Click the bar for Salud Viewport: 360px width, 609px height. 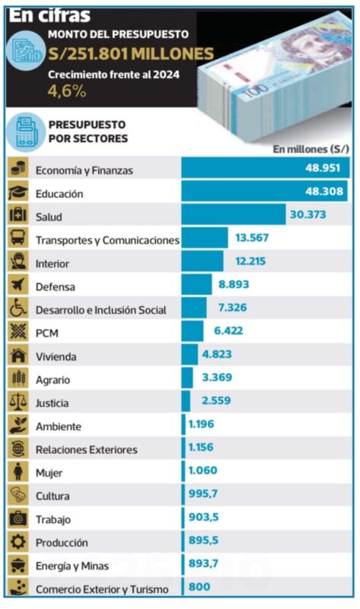(x=234, y=215)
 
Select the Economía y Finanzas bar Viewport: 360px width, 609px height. (x=266, y=167)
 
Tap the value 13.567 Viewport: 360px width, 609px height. (x=252, y=238)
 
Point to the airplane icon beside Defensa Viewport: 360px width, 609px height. (x=18, y=285)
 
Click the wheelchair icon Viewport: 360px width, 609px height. (x=18, y=308)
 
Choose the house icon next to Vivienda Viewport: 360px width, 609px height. (x=18, y=355)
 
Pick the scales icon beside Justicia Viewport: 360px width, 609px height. (x=18, y=402)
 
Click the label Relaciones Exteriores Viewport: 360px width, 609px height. (x=87, y=450)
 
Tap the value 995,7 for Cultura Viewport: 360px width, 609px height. (x=203, y=493)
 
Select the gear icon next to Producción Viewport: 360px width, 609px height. (x=18, y=541)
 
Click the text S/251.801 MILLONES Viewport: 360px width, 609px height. (x=131, y=53)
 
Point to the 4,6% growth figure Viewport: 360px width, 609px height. (x=67, y=91)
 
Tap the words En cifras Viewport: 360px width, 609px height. (x=49, y=15)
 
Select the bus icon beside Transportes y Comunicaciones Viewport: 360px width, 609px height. (x=18, y=238)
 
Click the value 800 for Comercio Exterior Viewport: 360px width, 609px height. (x=199, y=586)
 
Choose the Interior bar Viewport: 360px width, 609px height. (x=202, y=261)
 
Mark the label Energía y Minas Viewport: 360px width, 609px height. (x=72, y=566)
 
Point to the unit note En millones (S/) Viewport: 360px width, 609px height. (x=311, y=149)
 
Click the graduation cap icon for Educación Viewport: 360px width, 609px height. (x=18, y=192)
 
